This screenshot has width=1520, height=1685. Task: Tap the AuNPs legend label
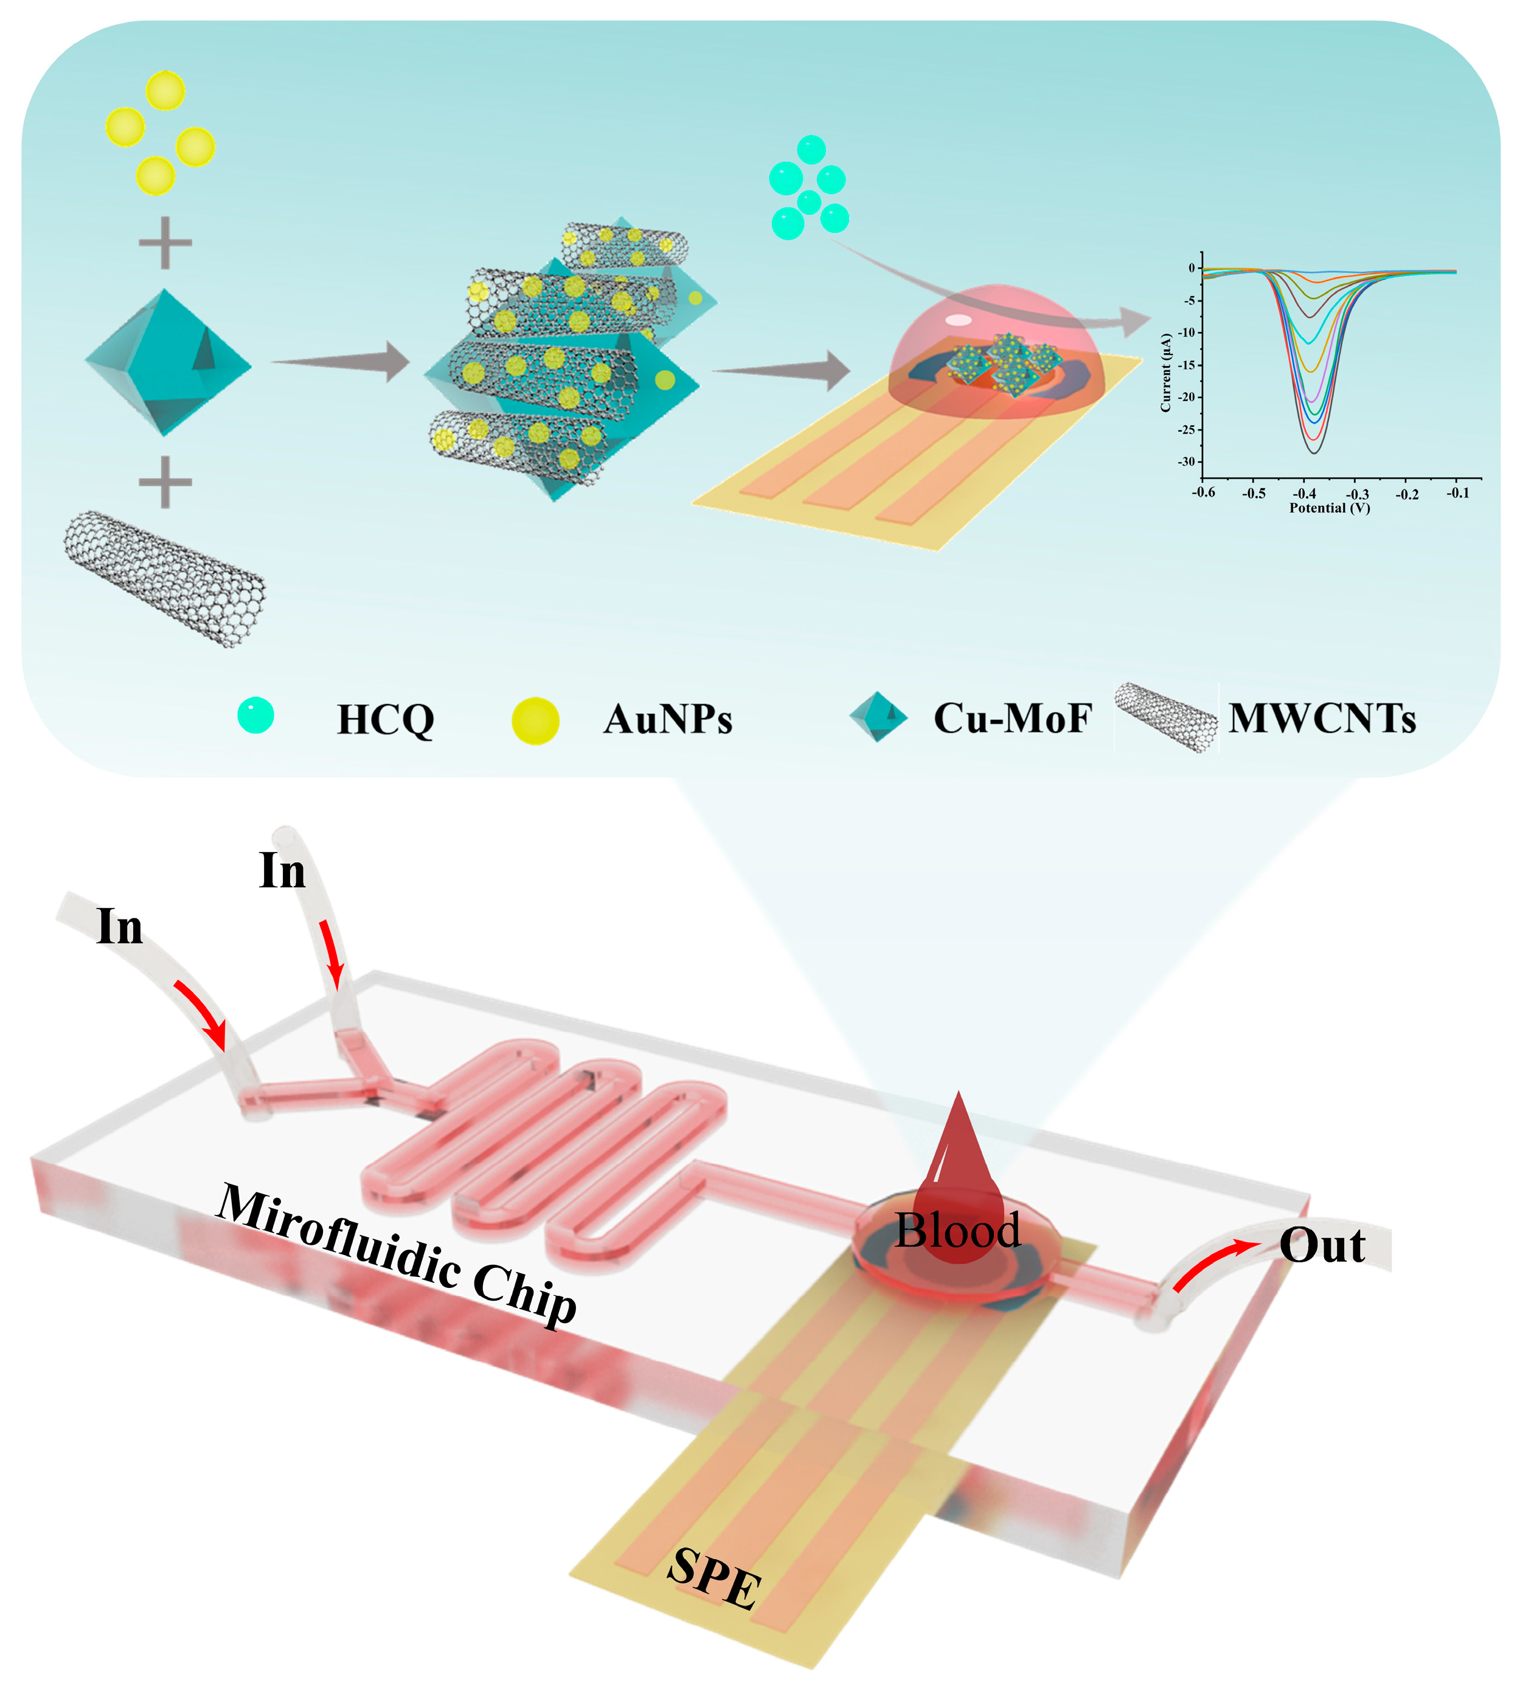click(667, 719)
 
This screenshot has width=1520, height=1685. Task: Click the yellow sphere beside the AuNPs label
click(535, 721)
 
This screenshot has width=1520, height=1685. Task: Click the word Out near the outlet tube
click(1322, 1246)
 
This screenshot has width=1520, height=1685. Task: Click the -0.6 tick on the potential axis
click(1204, 493)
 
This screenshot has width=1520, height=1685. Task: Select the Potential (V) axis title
click(1330, 508)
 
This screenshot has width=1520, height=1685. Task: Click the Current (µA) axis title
click(1166, 372)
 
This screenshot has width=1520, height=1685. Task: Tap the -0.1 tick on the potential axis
click(1457, 493)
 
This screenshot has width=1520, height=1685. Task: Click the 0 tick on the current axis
click(1192, 268)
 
